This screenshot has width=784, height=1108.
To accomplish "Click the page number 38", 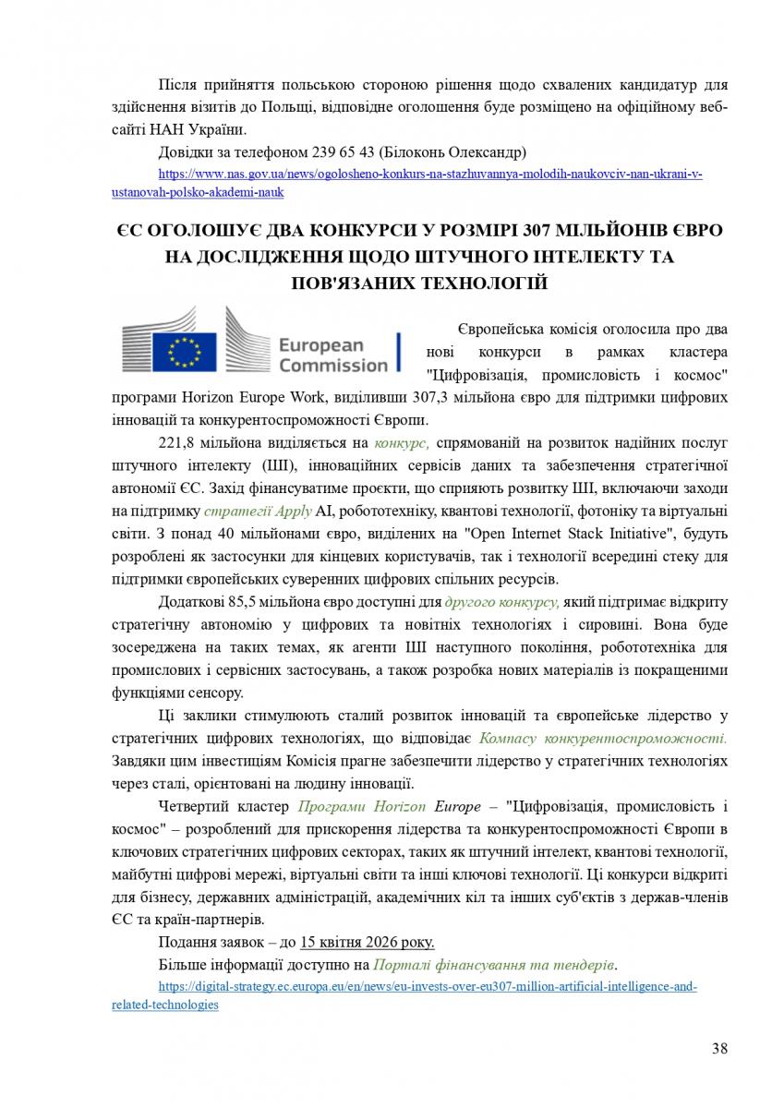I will pyautogui.click(x=720, y=1048).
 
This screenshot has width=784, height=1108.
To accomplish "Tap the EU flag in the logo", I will pyautogui.click(x=184, y=352).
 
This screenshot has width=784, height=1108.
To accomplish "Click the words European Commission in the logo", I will pyautogui.click(x=332, y=355).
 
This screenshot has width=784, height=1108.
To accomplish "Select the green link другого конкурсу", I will pyautogui.click(x=501, y=602).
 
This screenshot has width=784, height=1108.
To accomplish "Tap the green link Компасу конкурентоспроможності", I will pyautogui.click(x=603, y=739).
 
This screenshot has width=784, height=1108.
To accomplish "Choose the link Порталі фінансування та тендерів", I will pyautogui.click(x=494, y=964).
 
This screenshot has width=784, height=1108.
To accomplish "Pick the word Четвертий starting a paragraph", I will pyautogui.click(x=194, y=805).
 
